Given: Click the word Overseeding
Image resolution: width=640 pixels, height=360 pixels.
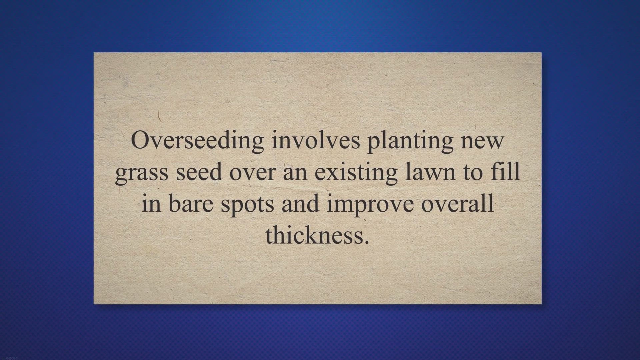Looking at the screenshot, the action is [197, 141].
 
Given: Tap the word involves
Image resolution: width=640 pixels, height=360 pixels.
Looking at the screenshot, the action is [316, 140].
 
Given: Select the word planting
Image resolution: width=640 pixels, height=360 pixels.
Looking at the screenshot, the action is [410, 142].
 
